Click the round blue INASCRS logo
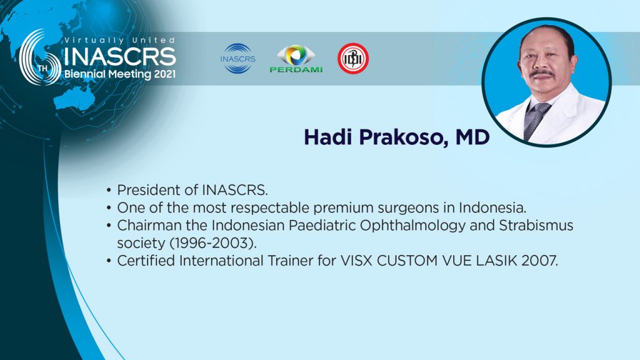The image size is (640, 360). [238, 59]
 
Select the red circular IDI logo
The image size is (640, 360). [353, 59]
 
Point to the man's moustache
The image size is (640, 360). [542, 74]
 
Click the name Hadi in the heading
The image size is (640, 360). [327, 137]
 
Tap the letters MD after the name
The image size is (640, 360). [472, 137]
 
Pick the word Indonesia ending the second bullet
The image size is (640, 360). [492, 207]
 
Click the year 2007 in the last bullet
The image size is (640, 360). [539, 261]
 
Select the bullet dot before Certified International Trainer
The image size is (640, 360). [109, 261]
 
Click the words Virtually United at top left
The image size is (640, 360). [119, 40]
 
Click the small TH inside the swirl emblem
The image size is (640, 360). [43, 67]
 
